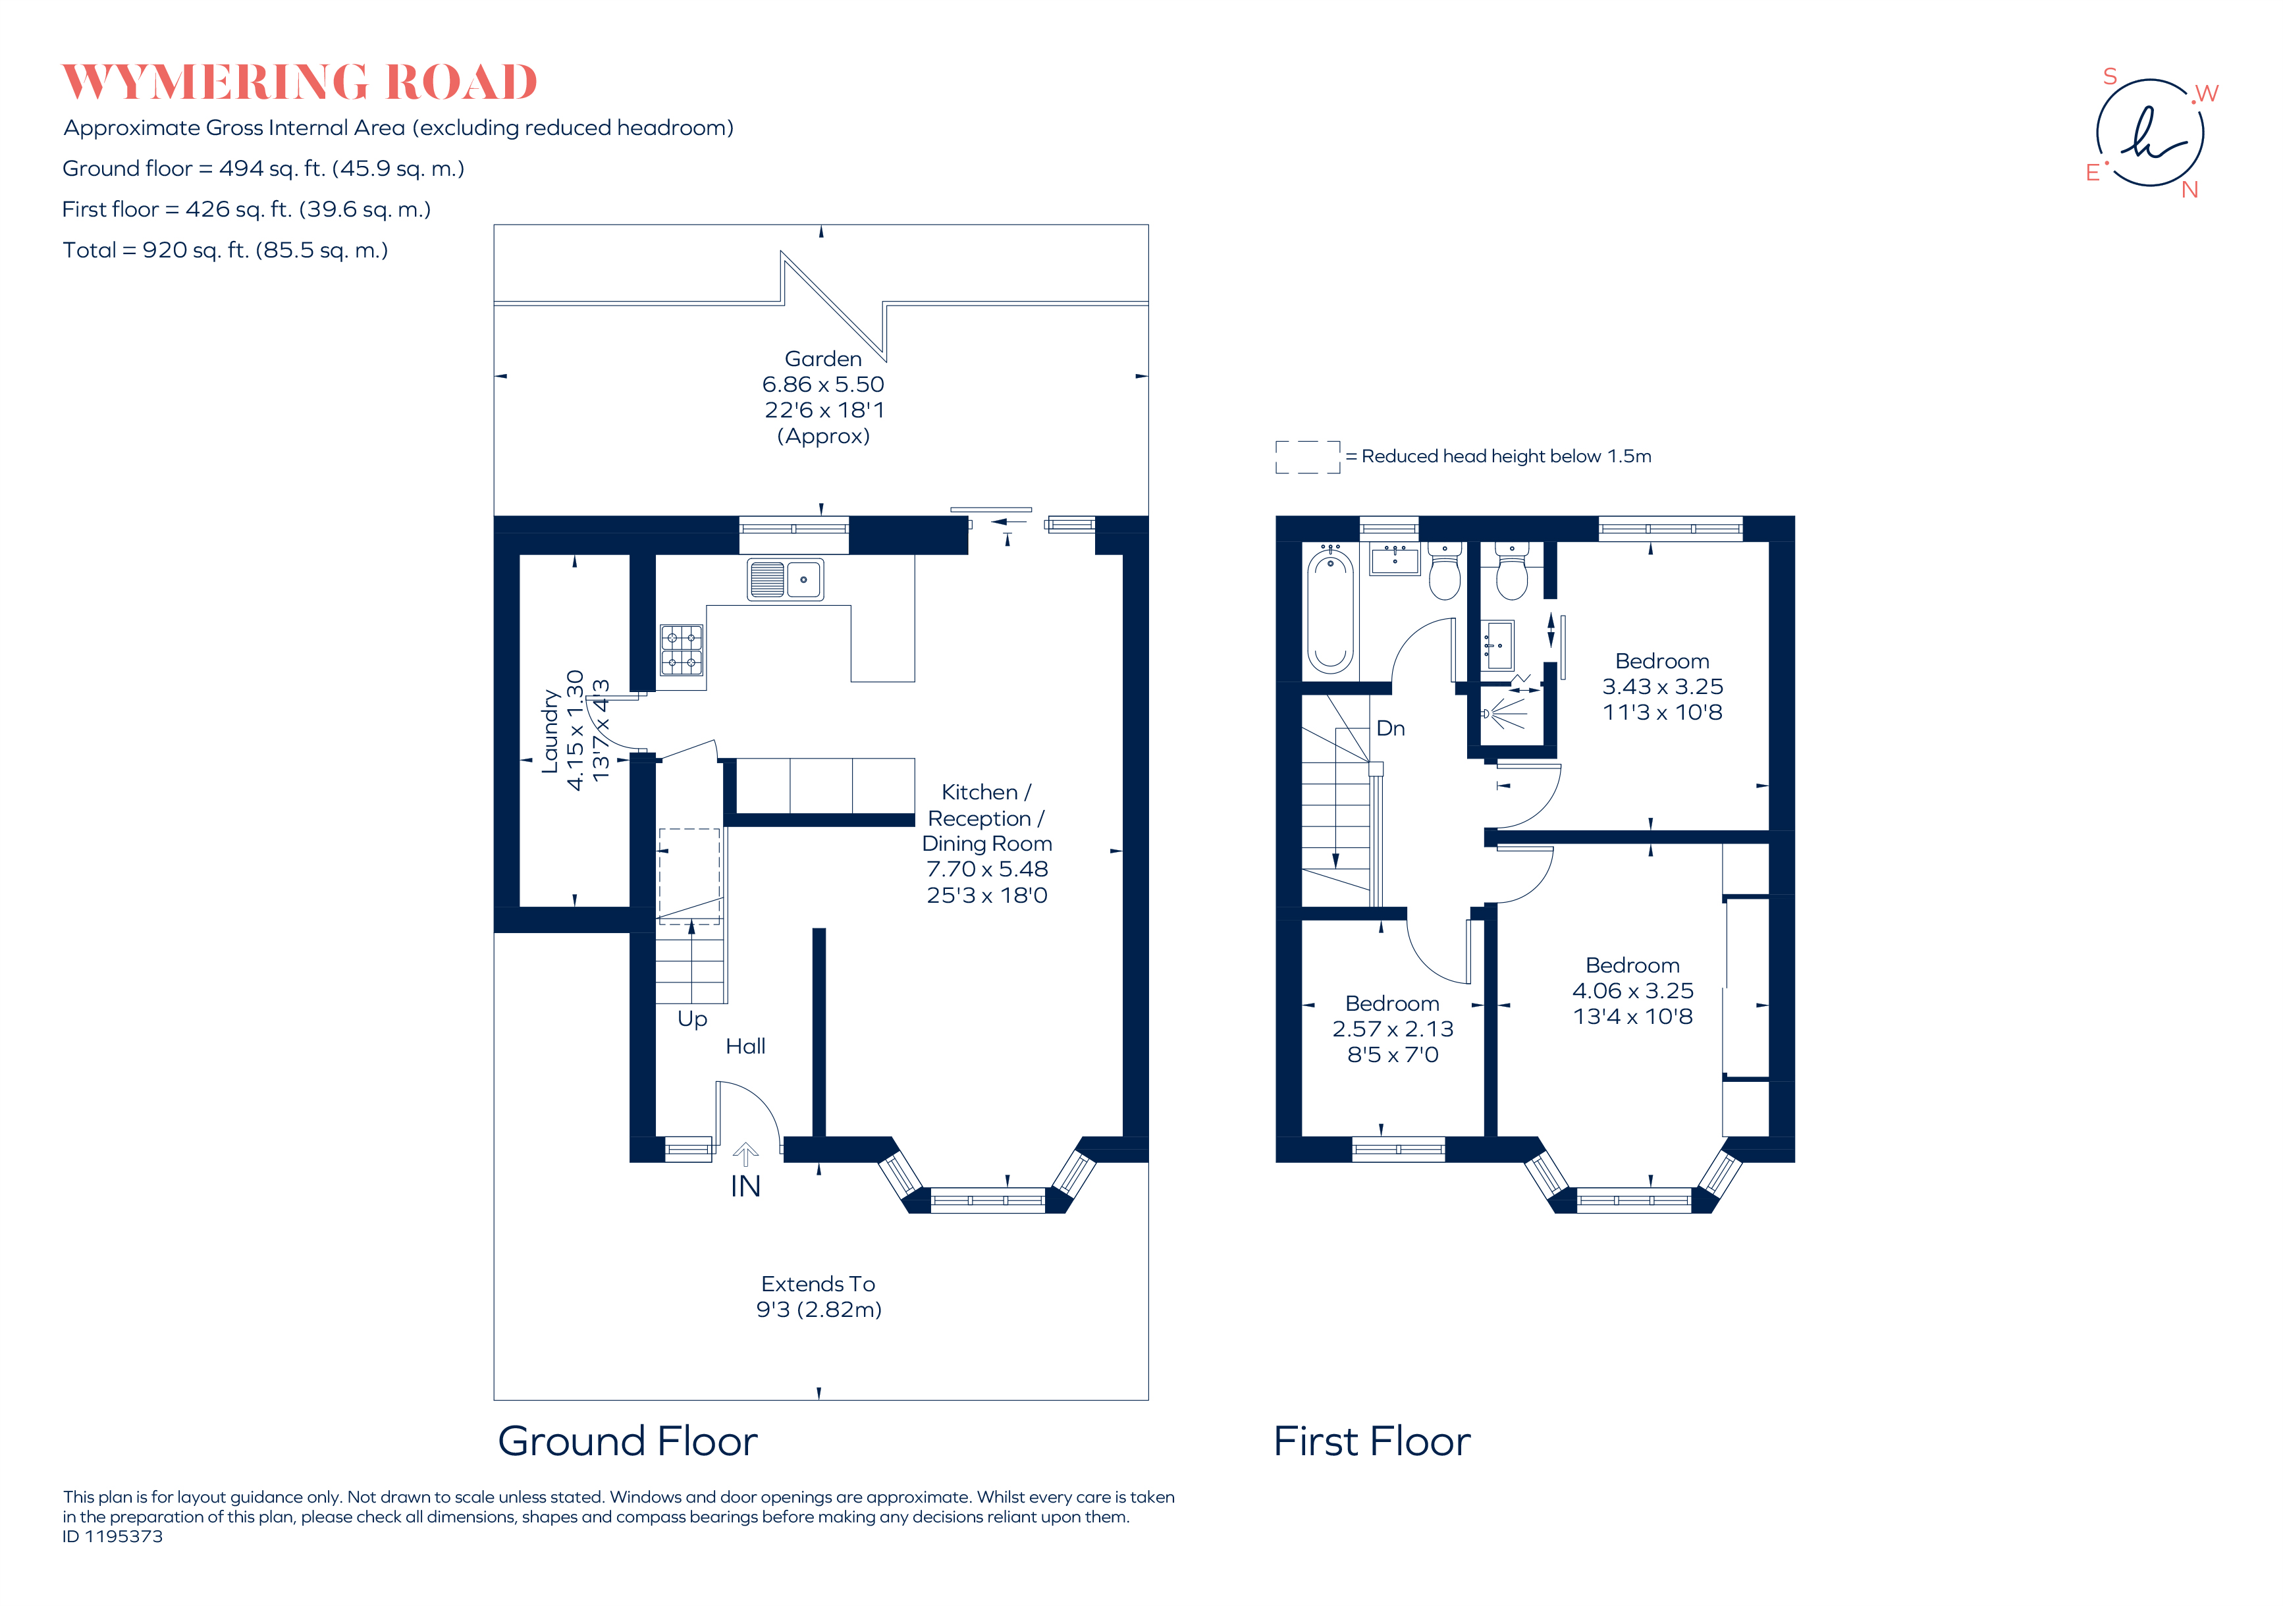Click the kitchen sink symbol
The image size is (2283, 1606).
[786, 579]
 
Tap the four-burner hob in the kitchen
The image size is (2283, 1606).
[682, 651]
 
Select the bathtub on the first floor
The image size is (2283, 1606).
[1330, 614]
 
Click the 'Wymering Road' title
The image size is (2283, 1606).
[300, 82]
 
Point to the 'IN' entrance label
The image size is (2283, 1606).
[746, 1187]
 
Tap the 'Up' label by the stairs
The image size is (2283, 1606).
[692, 1019]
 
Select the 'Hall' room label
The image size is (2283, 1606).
[746, 1046]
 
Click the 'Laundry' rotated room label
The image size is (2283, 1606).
[550, 731]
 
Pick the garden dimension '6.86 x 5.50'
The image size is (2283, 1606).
[823, 384]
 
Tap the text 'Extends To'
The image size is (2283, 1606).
[819, 1284]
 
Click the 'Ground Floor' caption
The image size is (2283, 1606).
[628, 1441]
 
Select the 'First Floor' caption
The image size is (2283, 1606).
[1372, 1441]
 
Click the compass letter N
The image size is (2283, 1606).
[2189, 190]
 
